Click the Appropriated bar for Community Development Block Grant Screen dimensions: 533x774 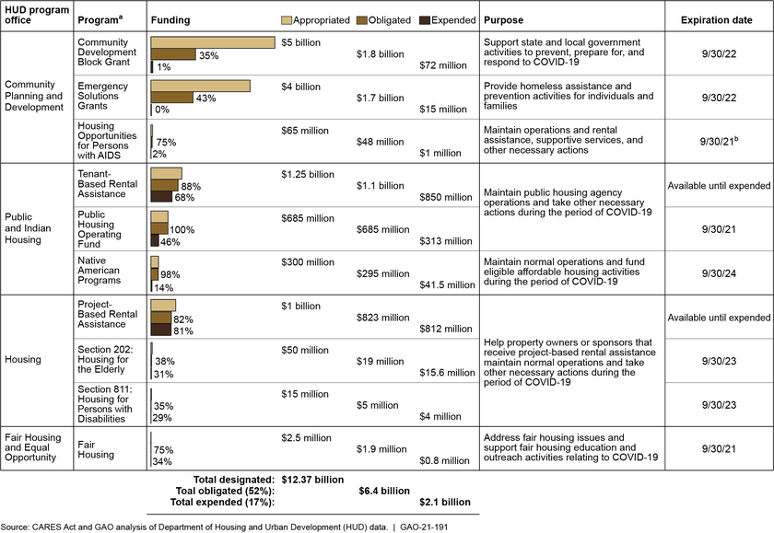tap(213, 42)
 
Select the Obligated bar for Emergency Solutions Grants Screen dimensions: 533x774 tap(172, 97)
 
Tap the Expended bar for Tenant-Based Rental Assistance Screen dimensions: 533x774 tap(161, 196)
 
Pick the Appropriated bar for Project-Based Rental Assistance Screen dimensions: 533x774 tap(163, 306)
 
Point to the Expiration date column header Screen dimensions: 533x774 tap(724, 19)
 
